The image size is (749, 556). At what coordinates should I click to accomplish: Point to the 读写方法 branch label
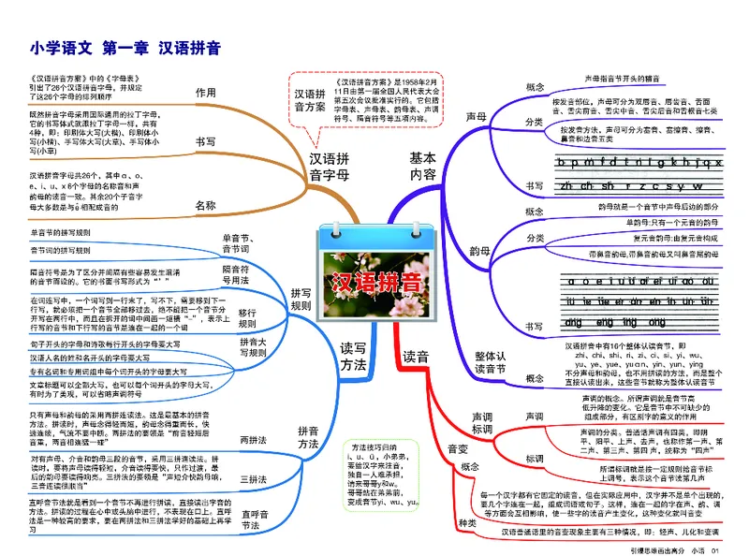(x=352, y=357)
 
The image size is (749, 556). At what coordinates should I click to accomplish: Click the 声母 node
(x=476, y=118)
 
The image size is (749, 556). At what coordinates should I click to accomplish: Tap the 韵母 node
(x=480, y=250)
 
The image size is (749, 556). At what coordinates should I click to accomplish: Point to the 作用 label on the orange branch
(x=205, y=93)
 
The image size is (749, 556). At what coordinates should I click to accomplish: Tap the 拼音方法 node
(x=308, y=437)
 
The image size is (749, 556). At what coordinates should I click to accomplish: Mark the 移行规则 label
(x=247, y=318)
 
